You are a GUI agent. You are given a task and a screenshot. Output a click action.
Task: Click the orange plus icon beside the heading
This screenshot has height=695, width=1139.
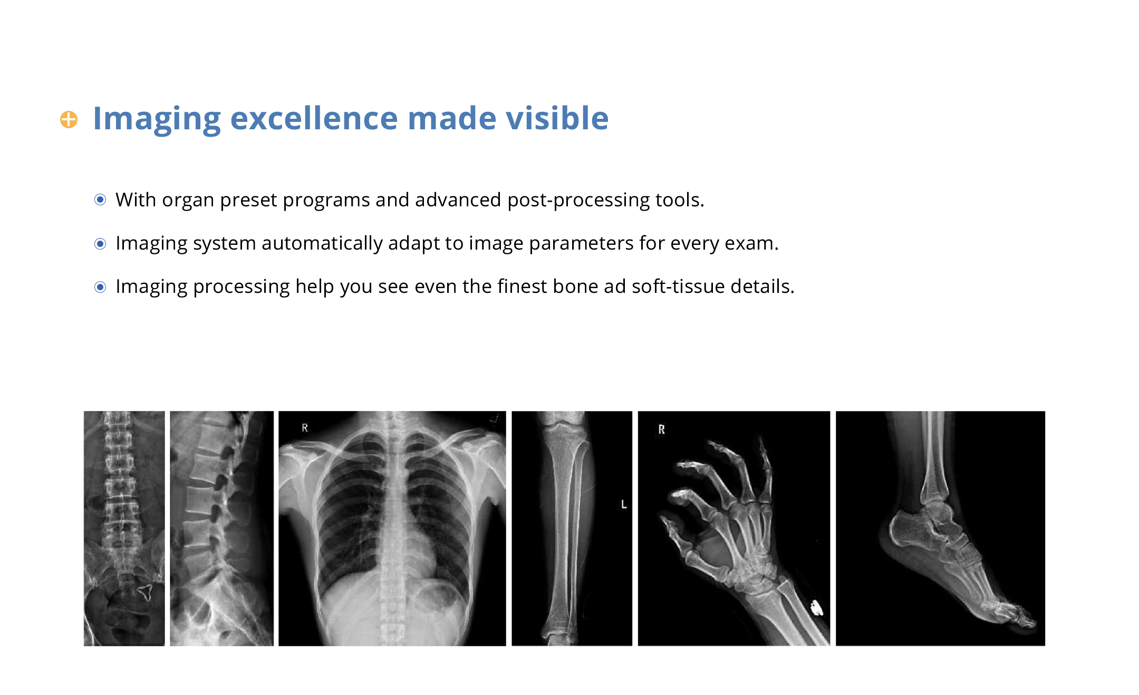pyautogui.click(x=69, y=119)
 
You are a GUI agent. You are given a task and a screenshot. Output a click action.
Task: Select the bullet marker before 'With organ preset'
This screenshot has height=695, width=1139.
pyautogui.click(x=100, y=199)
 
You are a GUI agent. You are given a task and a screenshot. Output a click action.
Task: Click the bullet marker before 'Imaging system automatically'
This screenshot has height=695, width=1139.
pyautogui.click(x=100, y=244)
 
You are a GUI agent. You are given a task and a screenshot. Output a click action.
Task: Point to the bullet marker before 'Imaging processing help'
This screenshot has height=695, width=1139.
pyautogui.click(x=100, y=287)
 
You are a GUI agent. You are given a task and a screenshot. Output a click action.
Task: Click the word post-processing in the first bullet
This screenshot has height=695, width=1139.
pyautogui.click(x=578, y=201)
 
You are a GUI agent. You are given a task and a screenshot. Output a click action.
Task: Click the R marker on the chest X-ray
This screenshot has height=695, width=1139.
pyautogui.click(x=305, y=428)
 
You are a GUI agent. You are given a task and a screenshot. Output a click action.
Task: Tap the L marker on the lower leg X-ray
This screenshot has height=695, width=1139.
pyautogui.click(x=624, y=504)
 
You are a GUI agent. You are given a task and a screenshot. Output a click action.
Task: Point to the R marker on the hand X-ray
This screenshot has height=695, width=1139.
pyautogui.click(x=661, y=430)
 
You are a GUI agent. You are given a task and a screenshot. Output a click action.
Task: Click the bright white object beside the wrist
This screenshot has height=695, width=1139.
pyautogui.click(x=816, y=608)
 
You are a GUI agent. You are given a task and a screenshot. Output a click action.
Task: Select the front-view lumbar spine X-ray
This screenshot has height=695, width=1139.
pyautogui.click(x=124, y=528)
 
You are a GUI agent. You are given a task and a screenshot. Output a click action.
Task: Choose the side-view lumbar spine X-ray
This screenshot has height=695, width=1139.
pyautogui.click(x=221, y=528)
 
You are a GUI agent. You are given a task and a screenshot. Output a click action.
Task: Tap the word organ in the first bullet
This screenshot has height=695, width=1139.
pyautogui.click(x=188, y=201)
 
